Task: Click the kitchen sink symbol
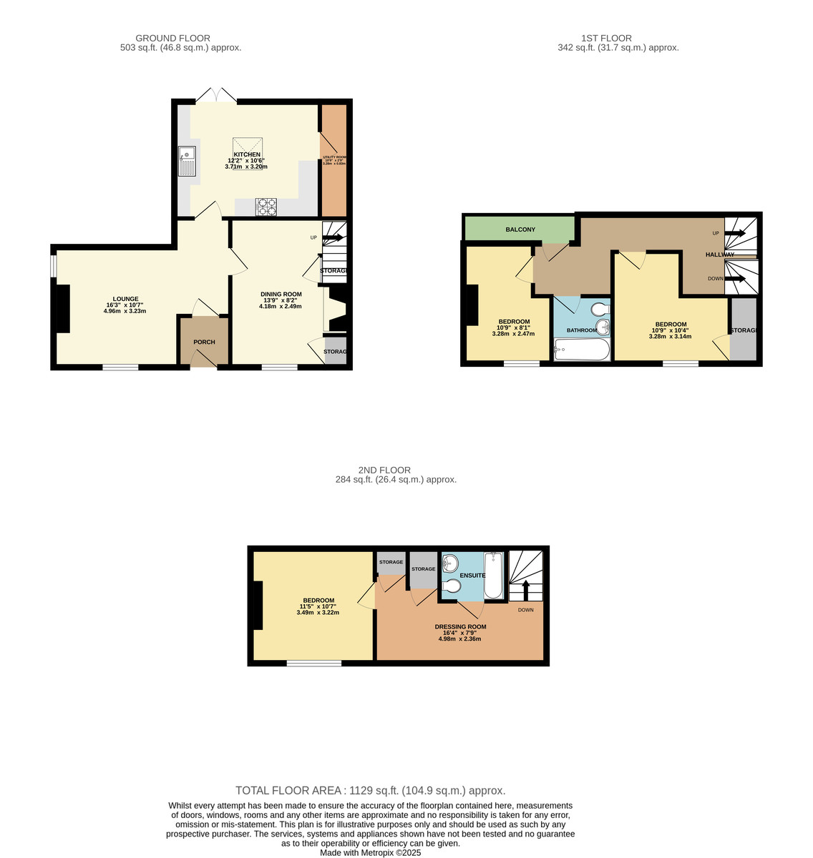point(188,161)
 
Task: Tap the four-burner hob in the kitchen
point(267,207)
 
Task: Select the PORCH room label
point(205,342)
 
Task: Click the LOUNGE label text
point(125,299)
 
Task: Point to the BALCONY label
point(520,230)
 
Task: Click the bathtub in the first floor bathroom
point(582,350)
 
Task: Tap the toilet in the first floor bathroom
point(600,309)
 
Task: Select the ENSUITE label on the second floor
point(472,575)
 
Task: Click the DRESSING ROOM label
point(460,626)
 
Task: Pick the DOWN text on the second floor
point(526,610)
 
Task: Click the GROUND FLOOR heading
point(172,38)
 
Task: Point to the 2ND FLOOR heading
point(384,470)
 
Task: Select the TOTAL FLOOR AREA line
point(371,790)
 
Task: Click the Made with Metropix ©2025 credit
point(371,852)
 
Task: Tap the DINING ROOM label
point(281,294)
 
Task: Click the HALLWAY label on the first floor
point(719,255)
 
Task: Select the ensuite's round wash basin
point(450,563)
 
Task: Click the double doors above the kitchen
point(216,96)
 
